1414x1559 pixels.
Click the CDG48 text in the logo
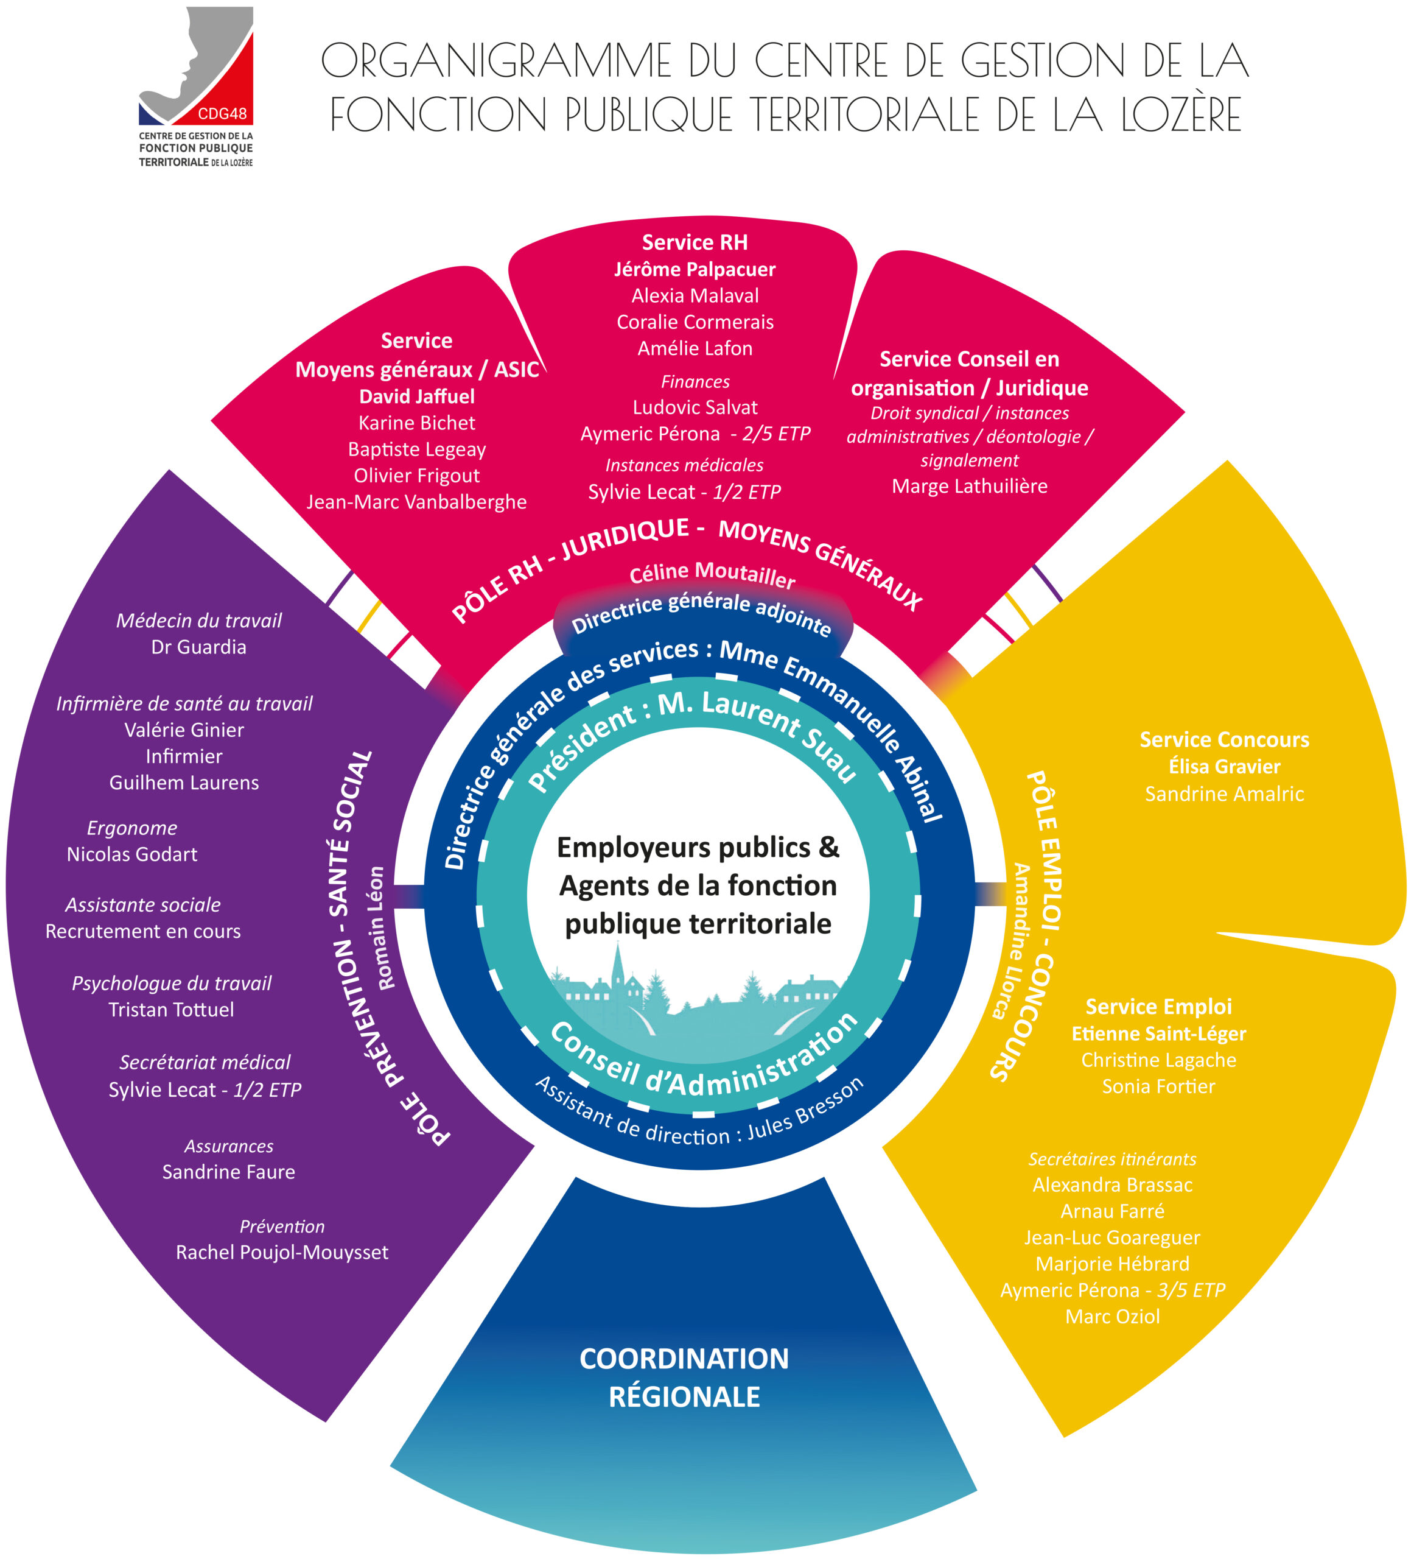click(222, 114)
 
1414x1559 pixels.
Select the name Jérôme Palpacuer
click(695, 269)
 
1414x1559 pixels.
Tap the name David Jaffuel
click(417, 396)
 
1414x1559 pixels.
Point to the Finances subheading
click(695, 381)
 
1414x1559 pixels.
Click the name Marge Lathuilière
click(970, 487)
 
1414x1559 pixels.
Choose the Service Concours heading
click(1224, 740)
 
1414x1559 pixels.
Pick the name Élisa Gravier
click(1224, 766)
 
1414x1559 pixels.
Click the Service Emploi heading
click(1158, 1007)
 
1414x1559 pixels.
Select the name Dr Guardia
click(198, 647)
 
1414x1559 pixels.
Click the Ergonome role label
click(132, 828)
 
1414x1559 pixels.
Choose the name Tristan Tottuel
click(171, 1010)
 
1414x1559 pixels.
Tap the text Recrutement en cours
click(143, 932)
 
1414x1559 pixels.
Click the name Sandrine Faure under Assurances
click(228, 1172)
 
